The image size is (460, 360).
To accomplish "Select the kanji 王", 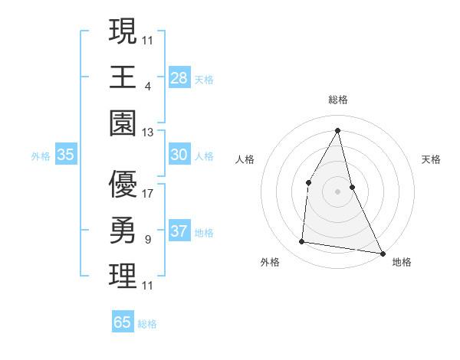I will pos(123,77).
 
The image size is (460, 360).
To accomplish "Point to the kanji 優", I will pos(123,184).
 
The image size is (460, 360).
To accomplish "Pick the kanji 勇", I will pos(123,230).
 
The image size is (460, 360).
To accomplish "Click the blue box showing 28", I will pos(179,78).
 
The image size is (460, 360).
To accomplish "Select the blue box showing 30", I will pos(179,155).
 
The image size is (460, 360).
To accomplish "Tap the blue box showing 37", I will pos(179,231).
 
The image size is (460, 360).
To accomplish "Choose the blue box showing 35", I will pos(65,155).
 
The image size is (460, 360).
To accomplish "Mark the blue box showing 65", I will pos(123,322).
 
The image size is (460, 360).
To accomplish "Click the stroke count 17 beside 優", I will pos(148,194).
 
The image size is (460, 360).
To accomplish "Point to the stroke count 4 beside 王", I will pos(147,87).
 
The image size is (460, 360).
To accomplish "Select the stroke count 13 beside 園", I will pos(148,133).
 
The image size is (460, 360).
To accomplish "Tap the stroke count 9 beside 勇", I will pos(147,240).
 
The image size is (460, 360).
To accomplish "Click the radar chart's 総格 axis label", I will pos(337,100).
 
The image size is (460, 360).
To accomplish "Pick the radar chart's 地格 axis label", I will pos(402,263).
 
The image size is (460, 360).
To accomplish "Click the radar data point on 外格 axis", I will pos(302,242).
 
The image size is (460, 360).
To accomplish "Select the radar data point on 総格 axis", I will pos(337,130).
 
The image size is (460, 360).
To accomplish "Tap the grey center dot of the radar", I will pos(337,191).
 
